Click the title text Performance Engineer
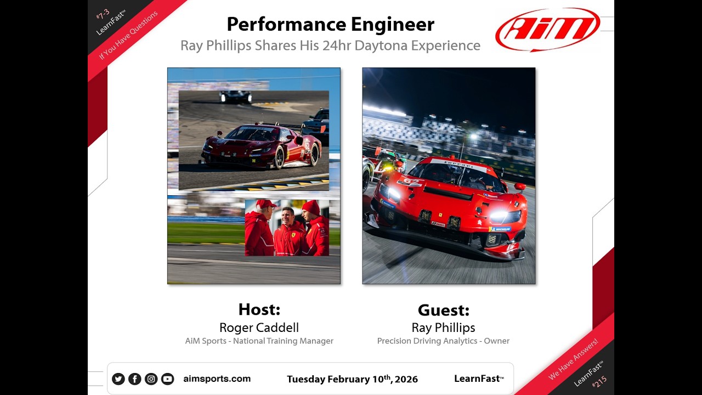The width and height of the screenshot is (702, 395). (330, 24)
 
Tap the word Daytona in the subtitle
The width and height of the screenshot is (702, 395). (380, 46)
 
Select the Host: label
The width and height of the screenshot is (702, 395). (259, 309)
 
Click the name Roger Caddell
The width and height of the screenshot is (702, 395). (259, 328)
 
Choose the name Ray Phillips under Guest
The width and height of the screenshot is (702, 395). (443, 328)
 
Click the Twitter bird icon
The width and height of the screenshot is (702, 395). (118, 379)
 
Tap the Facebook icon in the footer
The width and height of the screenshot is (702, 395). (134, 379)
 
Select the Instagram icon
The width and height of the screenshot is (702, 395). (151, 379)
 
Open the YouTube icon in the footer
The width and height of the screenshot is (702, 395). (167, 379)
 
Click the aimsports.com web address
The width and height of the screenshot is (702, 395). (217, 379)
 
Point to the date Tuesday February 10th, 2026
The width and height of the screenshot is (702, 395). (352, 379)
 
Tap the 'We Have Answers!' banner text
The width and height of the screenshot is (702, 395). (574, 359)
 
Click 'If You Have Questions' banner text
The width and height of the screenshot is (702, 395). (128, 36)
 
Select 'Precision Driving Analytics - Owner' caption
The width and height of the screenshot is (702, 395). (443, 341)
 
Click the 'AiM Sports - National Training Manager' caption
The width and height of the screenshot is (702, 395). (259, 341)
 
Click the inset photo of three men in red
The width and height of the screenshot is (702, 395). (287, 227)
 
